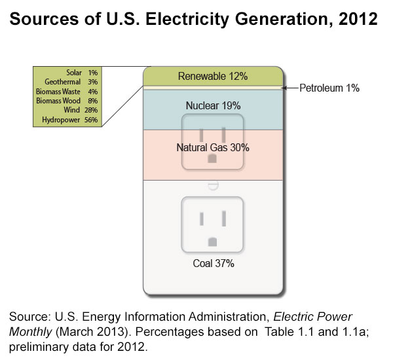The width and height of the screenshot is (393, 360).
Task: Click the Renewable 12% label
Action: click(214, 77)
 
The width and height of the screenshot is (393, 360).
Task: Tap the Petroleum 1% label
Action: click(329, 88)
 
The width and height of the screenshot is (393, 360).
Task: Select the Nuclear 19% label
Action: click(213, 105)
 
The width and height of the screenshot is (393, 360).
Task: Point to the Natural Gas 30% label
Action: click(213, 148)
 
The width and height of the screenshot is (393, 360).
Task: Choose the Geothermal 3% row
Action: click(68, 82)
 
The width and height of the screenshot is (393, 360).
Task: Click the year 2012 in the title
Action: click(358, 19)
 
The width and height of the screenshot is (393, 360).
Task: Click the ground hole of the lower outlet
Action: click(212, 242)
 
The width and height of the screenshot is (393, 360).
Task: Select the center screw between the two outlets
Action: click(212, 186)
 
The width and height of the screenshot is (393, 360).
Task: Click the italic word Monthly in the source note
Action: click(29, 331)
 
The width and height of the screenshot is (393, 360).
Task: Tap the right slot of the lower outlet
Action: click(224, 218)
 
